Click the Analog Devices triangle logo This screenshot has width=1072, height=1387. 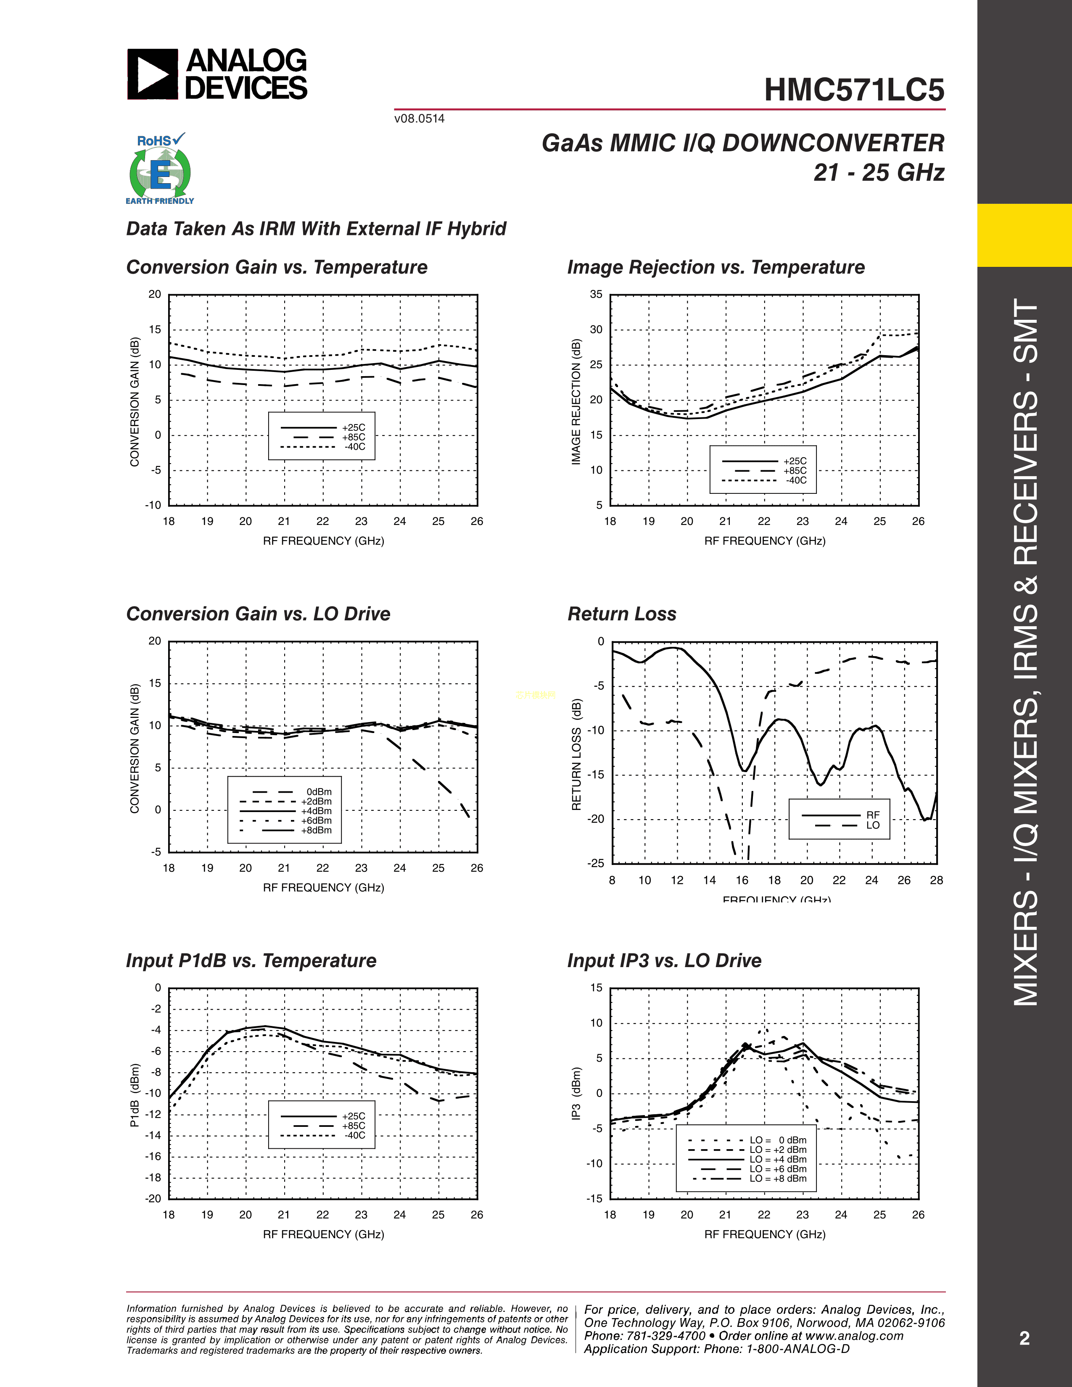153,74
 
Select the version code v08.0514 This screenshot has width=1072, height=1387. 419,119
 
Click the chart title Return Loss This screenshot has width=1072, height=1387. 622,614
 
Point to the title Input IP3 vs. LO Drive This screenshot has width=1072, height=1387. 664,961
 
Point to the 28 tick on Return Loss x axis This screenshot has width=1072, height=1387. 936,880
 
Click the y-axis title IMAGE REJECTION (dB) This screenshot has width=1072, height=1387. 576,401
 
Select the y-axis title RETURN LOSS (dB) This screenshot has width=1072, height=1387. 576,754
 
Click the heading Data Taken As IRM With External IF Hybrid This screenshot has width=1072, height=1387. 316,229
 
